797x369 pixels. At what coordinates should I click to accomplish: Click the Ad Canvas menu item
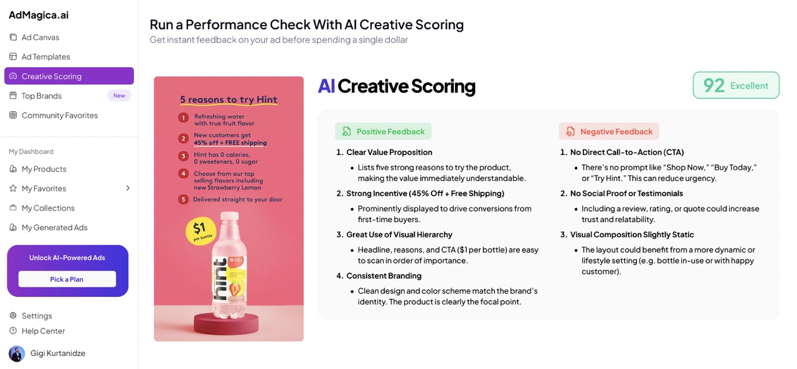(34, 37)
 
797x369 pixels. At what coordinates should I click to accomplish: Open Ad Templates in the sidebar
(39, 57)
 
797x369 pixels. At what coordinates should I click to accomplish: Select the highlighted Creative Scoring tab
(69, 76)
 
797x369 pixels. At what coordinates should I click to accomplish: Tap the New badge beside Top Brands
(119, 96)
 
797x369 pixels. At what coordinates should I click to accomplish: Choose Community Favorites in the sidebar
(54, 115)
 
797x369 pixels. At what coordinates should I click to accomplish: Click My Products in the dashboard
(38, 169)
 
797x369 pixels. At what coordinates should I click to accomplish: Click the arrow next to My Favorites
(128, 188)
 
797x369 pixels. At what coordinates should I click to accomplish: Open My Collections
(42, 208)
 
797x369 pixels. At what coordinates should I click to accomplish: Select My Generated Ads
(48, 228)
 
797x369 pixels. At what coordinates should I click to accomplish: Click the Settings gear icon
(13, 315)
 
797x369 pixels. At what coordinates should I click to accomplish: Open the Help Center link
(37, 331)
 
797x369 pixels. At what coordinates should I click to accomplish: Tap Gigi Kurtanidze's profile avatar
(17, 353)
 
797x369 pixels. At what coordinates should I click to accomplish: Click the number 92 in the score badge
(714, 85)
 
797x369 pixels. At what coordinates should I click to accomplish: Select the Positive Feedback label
(383, 131)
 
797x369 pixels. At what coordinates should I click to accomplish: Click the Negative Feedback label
(609, 131)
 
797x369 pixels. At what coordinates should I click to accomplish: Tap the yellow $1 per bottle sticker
(201, 231)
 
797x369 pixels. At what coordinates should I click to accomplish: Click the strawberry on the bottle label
(235, 289)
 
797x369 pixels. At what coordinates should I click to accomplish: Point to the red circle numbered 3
(183, 156)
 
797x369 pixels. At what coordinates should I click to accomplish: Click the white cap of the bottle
(230, 216)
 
